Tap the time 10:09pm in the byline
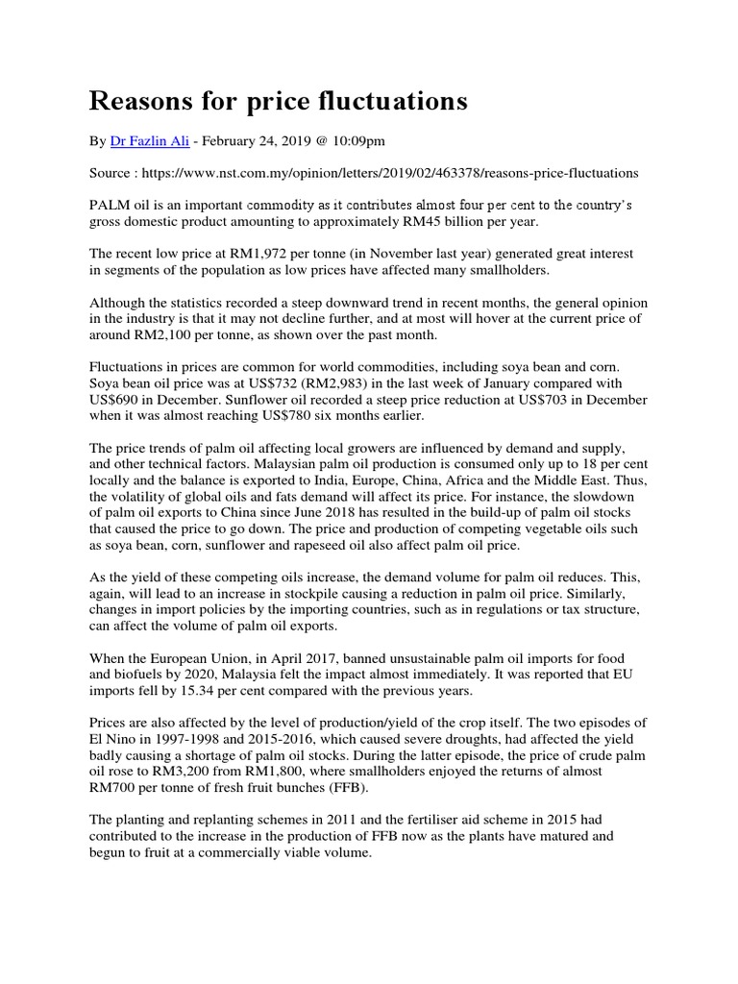pos(358,141)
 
